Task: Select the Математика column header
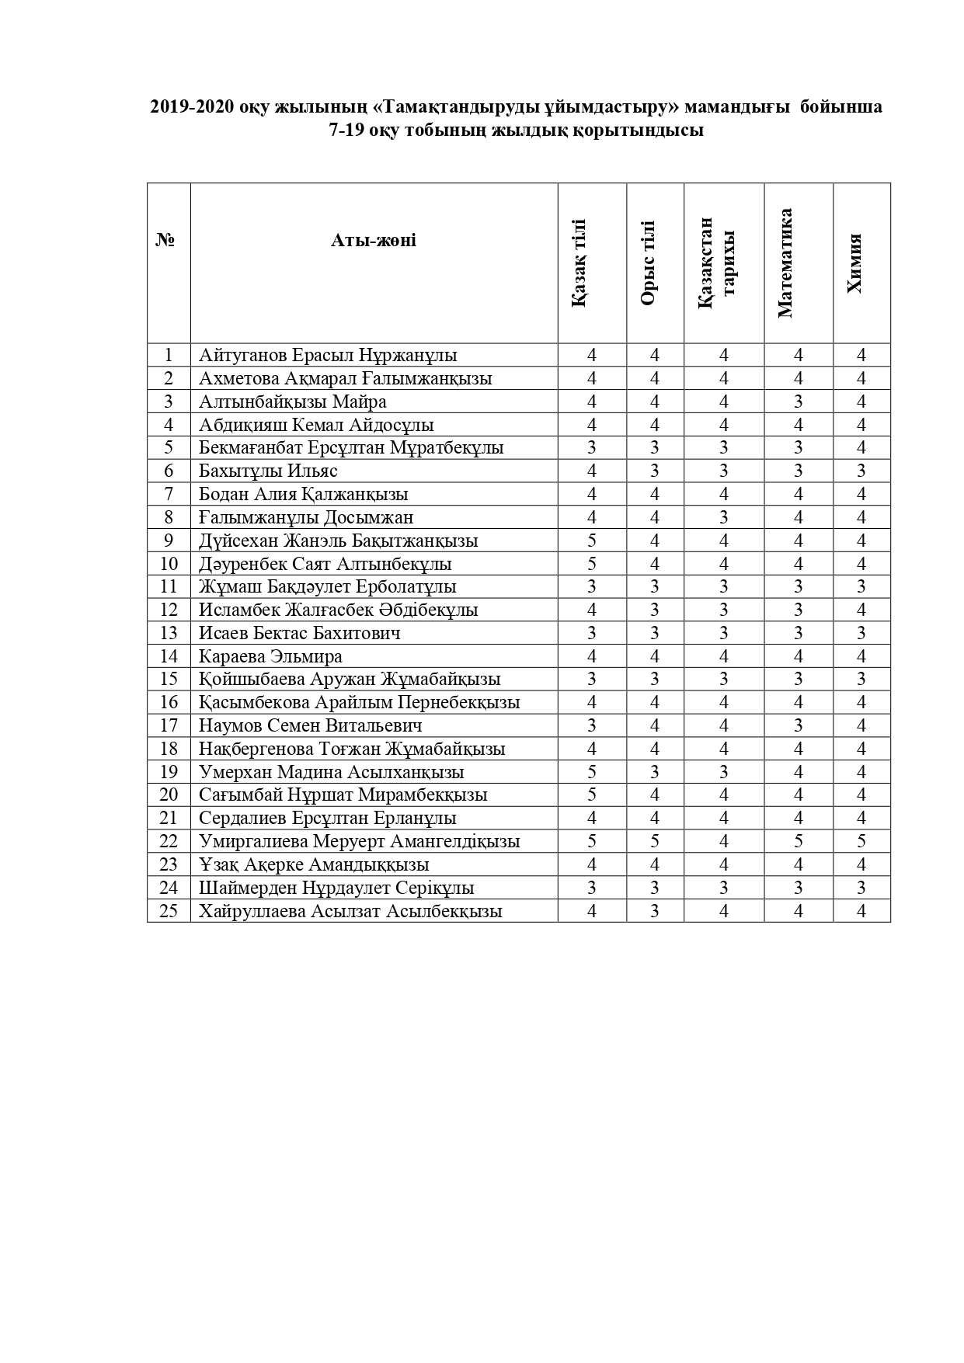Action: click(x=785, y=263)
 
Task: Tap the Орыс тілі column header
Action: click(x=648, y=263)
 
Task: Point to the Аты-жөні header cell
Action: click(x=374, y=241)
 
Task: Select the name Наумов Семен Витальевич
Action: click(x=310, y=726)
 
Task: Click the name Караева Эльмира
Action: click(x=270, y=656)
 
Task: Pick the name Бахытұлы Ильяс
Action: click(x=268, y=471)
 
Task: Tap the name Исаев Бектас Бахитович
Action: click(x=300, y=633)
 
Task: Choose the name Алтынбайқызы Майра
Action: click(x=292, y=402)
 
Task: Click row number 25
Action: click(x=169, y=911)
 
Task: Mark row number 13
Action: click(x=169, y=633)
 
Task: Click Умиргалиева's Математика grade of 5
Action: click(x=798, y=842)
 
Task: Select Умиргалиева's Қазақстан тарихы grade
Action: click(x=724, y=842)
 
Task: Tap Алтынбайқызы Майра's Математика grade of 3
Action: click(x=798, y=402)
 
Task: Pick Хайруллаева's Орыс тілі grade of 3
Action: click(x=655, y=911)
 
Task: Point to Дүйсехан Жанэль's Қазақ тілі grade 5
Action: click(x=592, y=541)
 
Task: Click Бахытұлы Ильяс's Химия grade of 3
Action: click(x=861, y=471)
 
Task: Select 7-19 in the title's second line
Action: click(x=347, y=130)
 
